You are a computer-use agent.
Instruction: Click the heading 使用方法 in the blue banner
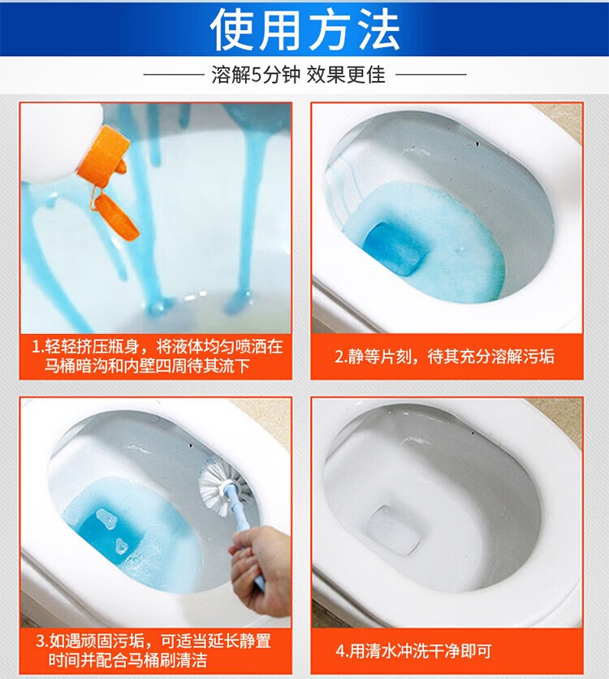tap(304, 29)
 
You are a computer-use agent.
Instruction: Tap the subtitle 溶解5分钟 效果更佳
tap(298, 75)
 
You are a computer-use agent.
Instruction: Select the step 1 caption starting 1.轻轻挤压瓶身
tap(157, 356)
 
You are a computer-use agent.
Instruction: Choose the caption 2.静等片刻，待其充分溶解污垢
tap(444, 357)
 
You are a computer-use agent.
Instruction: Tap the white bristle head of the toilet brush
tap(220, 484)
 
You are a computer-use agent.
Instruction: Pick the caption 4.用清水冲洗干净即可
tap(414, 651)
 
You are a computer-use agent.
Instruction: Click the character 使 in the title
tap(233, 29)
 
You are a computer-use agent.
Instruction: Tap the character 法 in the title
tap(376, 29)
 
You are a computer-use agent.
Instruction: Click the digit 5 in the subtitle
tap(257, 76)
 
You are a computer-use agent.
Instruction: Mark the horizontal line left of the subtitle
tap(174, 75)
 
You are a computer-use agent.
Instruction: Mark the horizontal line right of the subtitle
tap(430, 75)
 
